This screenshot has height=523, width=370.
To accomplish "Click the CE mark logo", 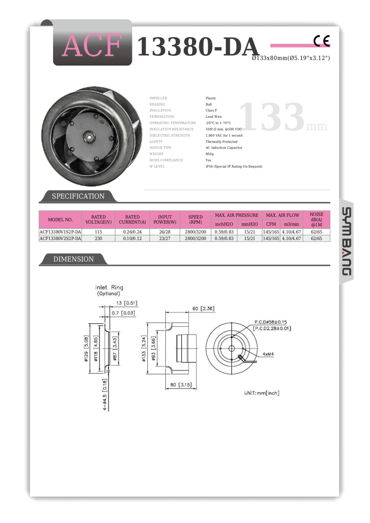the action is pyautogui.click(x=322, y=41).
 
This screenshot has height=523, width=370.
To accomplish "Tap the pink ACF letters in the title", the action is pyautogui.click(x=92, y=45).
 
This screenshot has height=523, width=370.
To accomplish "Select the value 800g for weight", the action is pyautogui.click(x=210, y=154).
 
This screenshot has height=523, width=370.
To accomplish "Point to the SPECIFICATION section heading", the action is pyautogui.click(x=78, y=196).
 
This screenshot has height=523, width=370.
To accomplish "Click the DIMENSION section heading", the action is pyautogui.click(x=74, y=259).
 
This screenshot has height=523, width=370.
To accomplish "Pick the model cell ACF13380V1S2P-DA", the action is pyautogui.click(x=60, y=232).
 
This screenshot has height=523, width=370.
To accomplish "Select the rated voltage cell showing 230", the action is pyautogui.click(x=98, y=238).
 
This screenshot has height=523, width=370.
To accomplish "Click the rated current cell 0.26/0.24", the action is pyautogui.click(x=133, y=232).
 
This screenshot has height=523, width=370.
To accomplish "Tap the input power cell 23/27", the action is pyautogui.click(x=164, y=238).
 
